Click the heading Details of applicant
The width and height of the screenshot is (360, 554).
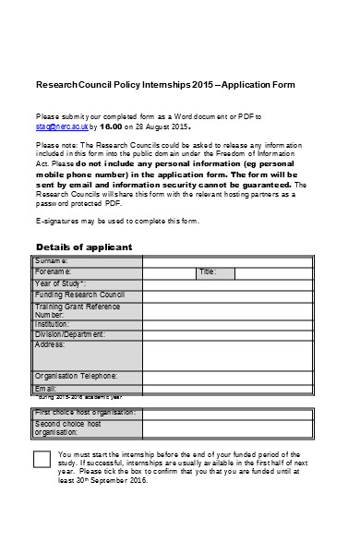tap(83, 247)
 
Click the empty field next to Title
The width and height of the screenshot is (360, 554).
tap(276, 272)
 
